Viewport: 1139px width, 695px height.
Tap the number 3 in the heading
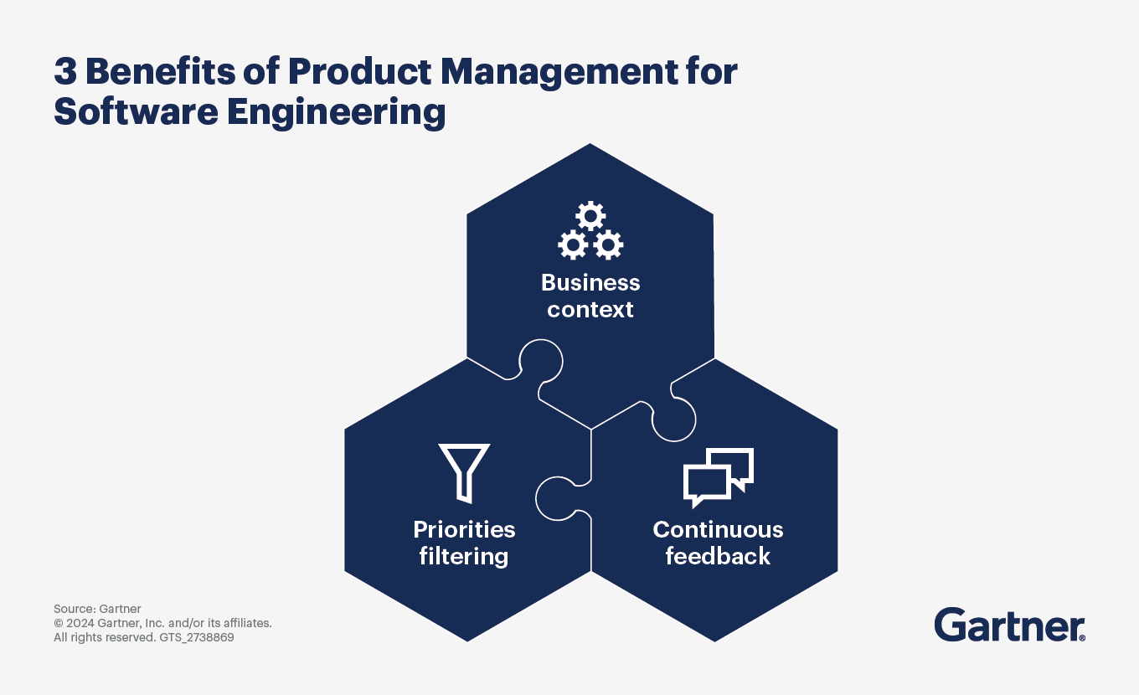click(65, 73)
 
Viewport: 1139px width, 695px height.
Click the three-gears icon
click(590, 231)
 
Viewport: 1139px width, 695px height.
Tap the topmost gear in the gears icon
click(590, 217)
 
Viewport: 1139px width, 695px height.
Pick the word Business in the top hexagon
click(590, 282)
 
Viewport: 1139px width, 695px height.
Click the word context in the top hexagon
click(590, 310)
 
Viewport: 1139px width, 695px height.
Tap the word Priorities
click(464, 530)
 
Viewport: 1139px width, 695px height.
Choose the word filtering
click(464, 557)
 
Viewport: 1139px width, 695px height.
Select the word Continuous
click(718, 530)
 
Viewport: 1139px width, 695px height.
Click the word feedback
click(718, 557)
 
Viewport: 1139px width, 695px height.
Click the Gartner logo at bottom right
click(1009, 625)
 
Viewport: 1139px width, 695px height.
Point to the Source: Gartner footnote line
click(97, 609)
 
